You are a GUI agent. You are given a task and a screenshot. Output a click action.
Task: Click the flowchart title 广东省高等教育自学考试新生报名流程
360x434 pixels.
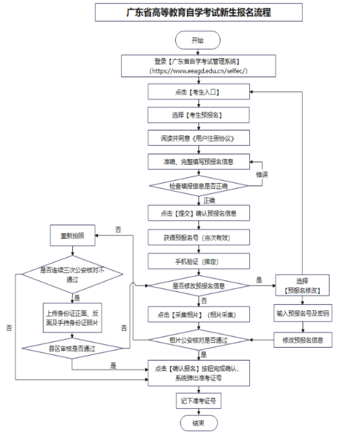point(198,12)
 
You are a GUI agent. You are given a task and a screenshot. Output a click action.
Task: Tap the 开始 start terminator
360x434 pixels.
point(198,40)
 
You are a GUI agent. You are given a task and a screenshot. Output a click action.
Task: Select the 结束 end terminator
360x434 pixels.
point(198,423)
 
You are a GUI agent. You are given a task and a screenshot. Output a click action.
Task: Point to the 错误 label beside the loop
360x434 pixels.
point(262,174)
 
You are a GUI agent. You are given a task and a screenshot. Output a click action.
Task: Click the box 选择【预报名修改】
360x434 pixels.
point(302,285)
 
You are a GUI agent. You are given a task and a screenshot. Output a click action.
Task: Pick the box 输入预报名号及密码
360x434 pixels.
point(302,314)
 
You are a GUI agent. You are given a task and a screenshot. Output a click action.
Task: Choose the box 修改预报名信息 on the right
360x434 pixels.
point(302,339)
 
